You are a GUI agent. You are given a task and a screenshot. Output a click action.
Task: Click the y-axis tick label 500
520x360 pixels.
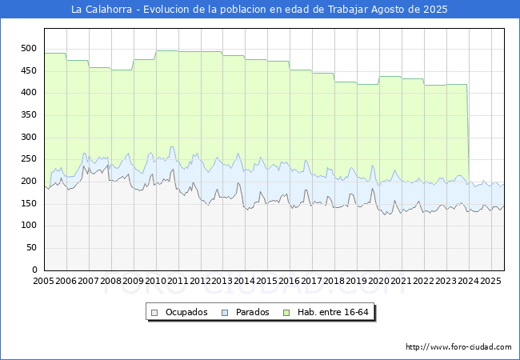coord(29,48)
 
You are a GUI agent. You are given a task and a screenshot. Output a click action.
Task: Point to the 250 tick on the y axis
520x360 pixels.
coord(29,159)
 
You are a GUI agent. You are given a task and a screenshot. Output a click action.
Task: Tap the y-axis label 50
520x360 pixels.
coord(31,248)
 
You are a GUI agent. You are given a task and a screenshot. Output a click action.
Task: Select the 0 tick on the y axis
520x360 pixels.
coord(34,270)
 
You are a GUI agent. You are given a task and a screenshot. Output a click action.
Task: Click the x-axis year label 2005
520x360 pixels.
coord(43,281)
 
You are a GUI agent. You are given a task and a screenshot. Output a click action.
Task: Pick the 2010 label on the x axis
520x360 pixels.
coord(155,281)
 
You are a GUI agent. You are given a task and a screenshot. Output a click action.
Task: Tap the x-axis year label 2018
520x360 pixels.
coord(334,281)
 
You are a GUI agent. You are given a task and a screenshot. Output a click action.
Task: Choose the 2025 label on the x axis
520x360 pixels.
coord(490,281)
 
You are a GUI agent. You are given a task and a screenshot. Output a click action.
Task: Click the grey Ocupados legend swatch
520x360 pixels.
coord(154,313)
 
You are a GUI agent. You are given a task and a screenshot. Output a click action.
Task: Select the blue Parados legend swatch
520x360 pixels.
coord(225,313)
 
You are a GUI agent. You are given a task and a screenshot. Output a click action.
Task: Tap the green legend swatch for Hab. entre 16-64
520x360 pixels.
coord(286,313)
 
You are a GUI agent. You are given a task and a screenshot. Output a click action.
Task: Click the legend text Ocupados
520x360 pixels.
coord(186,312)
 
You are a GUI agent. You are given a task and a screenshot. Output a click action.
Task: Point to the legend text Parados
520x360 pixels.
coord(252,312)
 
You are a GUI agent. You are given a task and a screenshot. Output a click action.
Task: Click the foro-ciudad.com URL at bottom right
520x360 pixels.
coord(458,346)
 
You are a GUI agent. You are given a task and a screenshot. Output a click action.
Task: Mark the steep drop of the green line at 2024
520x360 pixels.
coord(468,133)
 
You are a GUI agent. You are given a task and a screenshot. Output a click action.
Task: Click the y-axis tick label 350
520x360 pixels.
coord(29,114)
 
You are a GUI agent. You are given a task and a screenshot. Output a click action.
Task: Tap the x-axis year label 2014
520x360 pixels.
coord(245,281)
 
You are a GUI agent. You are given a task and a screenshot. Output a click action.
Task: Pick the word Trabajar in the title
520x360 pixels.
coord(348,10)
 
